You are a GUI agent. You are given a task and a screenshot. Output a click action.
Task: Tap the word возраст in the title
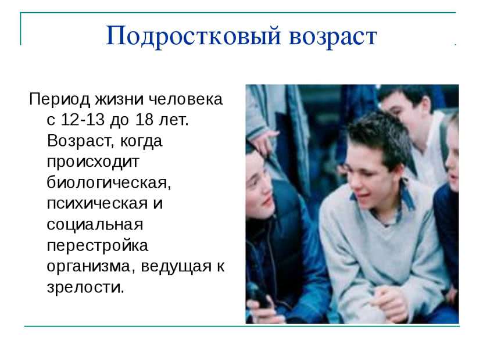(333, 38)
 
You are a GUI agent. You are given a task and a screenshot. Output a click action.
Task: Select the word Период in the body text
(59, 100)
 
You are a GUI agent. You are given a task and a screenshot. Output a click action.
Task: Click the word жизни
(119, 99)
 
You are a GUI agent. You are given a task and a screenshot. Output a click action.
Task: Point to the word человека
(186, 99)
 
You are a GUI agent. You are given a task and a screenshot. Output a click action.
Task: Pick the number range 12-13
(83, 120)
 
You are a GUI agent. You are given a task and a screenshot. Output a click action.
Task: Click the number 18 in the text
(144, 120)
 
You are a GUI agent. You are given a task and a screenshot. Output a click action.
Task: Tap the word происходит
(93, 162)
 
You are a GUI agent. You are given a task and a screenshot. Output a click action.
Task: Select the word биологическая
(109, 183)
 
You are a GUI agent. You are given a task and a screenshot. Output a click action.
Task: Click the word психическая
(97, 204)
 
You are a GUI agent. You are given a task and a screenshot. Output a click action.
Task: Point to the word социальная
(95, 225)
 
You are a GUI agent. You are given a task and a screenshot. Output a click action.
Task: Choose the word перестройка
(98, 246)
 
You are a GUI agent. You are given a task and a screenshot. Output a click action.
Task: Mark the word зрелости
(85, 288)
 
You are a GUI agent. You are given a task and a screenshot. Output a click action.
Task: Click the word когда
(141, 141)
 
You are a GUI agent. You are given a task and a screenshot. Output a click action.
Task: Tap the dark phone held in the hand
(258, 296)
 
